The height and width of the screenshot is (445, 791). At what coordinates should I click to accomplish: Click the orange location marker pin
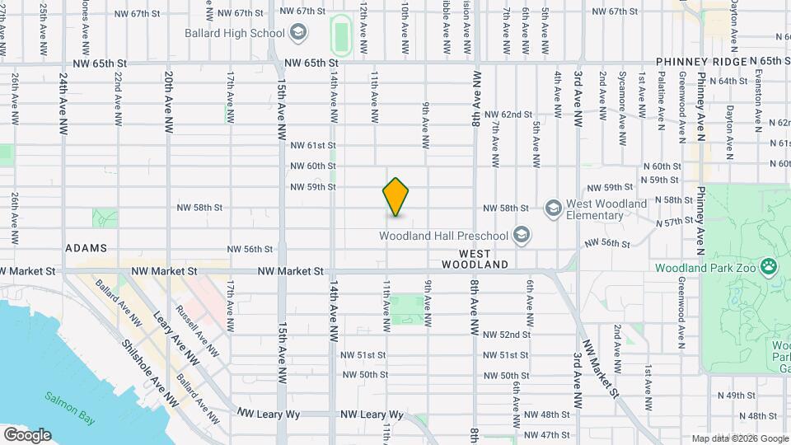point(395,197)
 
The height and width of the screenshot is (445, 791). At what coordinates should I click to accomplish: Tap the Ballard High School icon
point(298,34)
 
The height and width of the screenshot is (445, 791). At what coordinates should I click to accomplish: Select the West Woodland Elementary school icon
point(553,206)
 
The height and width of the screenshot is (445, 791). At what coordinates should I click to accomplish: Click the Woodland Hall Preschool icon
point(520,236)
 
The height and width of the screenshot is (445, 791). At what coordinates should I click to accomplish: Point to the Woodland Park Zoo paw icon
point(769,266)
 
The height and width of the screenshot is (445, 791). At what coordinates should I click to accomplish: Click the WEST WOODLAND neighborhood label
point(474,259)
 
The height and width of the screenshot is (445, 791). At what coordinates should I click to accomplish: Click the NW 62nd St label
point(508,115)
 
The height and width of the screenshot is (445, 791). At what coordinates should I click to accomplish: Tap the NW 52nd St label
point(507,335)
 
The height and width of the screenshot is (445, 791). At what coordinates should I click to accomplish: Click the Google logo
point(27,435)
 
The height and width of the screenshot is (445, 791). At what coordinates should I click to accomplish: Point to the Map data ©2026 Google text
point(740,438)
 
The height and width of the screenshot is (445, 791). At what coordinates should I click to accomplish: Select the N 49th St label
point(736,395)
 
